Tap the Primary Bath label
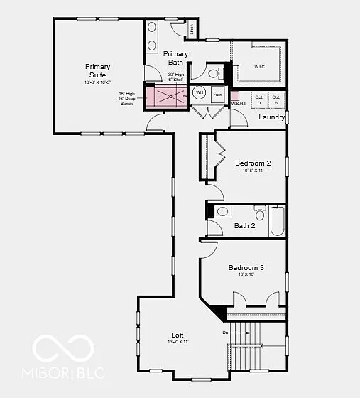[175, 58]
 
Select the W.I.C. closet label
[260, 68]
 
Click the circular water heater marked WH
[200, 93]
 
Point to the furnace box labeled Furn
[217, 94]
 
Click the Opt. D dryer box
[259, 99]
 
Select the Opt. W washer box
[277, 99]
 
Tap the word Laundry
[272, 117]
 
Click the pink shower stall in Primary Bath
[167, 96]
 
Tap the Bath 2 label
[244, 226]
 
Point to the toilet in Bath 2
[222, 212]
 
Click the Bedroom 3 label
[246, 268]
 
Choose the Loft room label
[177, 335]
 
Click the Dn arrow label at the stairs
[226, 332]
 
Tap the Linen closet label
[192, 29]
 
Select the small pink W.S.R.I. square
[235, 95]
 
